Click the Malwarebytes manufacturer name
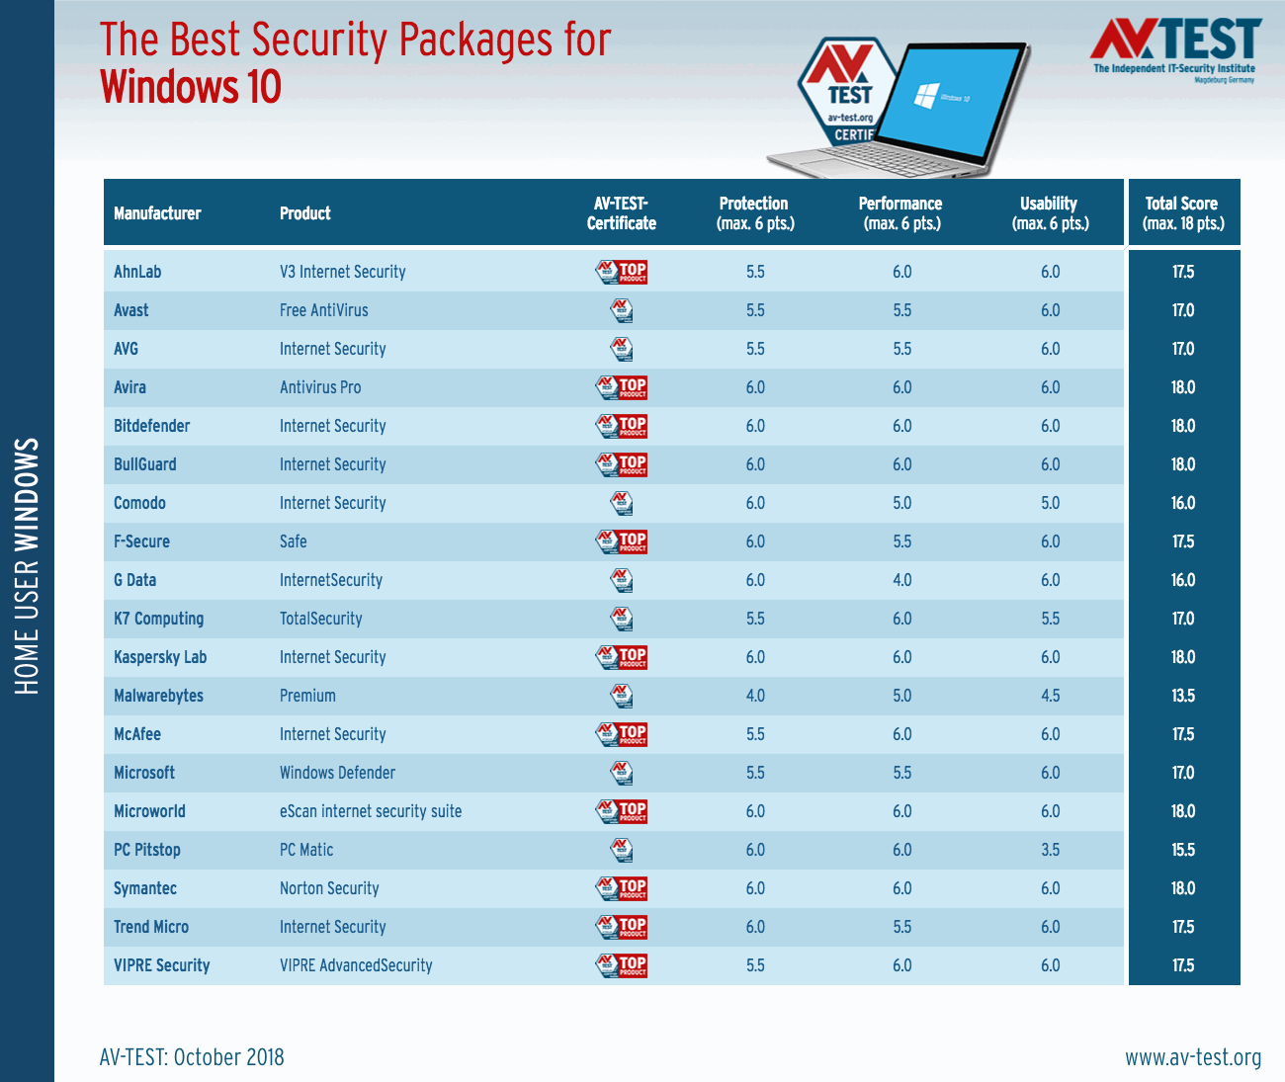click(x=158, y=696)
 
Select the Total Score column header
click(x=1183, y=213)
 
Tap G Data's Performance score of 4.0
click(x=902, y=580)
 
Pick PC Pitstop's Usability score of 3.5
click(x=1050, y=850)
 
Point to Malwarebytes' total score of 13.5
click(x=1183, y=696)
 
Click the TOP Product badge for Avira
click(x=622, y=387)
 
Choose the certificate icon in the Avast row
click(x=622, y=310)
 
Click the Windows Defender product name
click(x=337, y=773)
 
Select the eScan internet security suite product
click(x=371, y=811)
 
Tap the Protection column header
click(x=755, y=213)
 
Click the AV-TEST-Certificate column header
click(x=622, y=213)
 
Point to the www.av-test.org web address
click(x=1193, y=1057)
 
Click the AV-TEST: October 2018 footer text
click(x=192, y=1057)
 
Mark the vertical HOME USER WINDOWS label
click(x=28, y=566)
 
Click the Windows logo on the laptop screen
click(x=926, y=96)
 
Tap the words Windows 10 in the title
click(x=191, y=87)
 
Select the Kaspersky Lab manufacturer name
click(x=160, y=657)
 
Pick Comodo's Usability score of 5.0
click(x=1050, y=503)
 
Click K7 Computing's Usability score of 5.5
click(x=1050, y=619)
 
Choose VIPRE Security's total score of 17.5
click(x=1183, y=965)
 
